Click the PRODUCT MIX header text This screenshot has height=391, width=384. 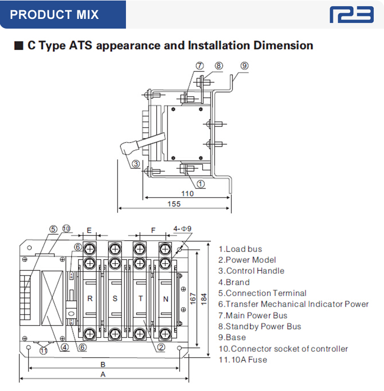tap(54, 14)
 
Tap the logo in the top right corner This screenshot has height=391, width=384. tap(352, 14)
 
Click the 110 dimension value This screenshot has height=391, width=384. tap(187, 194)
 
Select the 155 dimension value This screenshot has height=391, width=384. tap(174, 204)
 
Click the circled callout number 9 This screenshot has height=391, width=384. tap(244, 66)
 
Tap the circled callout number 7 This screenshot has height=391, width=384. tap(200, 66)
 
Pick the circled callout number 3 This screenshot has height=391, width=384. tap(136, 165)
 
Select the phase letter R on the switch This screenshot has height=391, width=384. tap(90, 299)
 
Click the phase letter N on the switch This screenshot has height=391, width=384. tap(165, 299)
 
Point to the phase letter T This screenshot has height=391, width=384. tap(140, 299)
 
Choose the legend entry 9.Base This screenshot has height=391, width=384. tap(232, 337)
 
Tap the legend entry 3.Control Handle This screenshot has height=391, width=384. tap(251, 271)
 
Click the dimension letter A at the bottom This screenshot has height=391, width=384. tap(103, 375)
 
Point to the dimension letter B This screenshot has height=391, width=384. tap(103, 364)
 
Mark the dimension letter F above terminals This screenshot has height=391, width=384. tap(153, 231)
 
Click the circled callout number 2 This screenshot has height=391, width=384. tap(161, 348)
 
